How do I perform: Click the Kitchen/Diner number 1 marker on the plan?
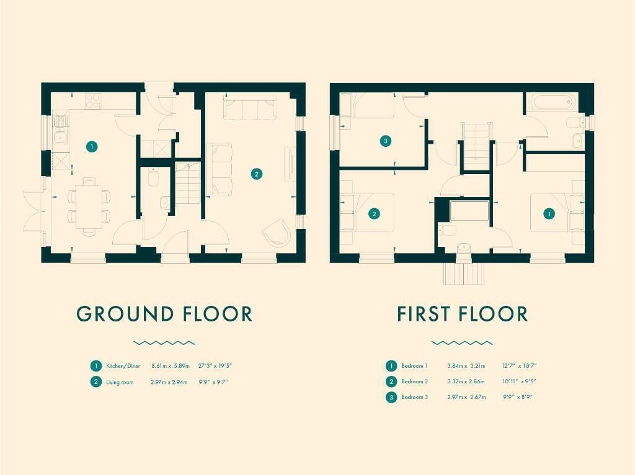pyautogui.click(x=92, y=146)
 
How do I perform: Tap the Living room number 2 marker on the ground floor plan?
pyautogui.click(x=256, y=174)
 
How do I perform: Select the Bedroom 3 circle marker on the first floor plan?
pyautogui.click(x=386, y=141)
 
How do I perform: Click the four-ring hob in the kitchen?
pyautogui.click(x=93, y=101)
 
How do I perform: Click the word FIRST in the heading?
pyautogui.click(x=424, y=314)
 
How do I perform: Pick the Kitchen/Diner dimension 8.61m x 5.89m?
pyautogui.click(x=171, y=366)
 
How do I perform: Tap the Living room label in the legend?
pyautogui.click(x=120, y=382)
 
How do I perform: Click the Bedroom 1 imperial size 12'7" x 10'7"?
pyautogui.click(x=519, y=366)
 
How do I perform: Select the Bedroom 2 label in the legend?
pyautogui.click(x=414, y=381)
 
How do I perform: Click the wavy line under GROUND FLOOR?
pyautogui.click(x=164, y=343)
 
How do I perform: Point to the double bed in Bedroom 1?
pyautogui.click(x=557, y=213)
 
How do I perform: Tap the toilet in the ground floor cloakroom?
pyautogui.click(x=154, y=177)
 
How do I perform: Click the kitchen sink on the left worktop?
pyautogui.click(x=61, y=137)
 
